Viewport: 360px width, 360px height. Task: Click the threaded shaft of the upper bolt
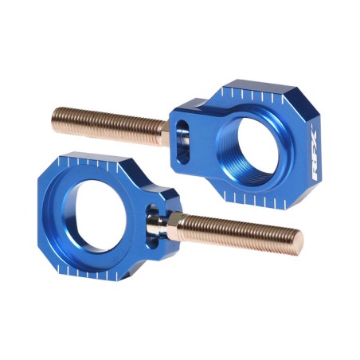click(x=112, y=121)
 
